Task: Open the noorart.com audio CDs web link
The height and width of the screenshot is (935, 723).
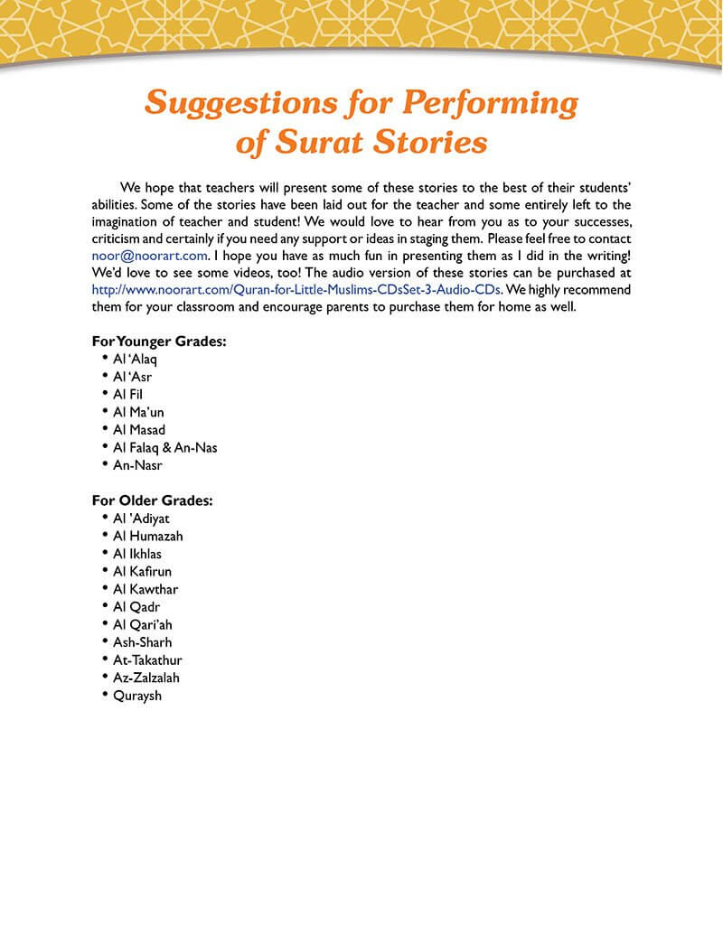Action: coord(296,290)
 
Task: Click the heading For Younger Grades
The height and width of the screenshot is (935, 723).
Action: coord(159,341)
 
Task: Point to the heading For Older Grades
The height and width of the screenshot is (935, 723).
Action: coord(152,500)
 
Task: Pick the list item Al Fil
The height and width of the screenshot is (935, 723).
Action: coord(128,394)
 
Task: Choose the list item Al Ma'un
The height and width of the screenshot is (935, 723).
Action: coord(139,412)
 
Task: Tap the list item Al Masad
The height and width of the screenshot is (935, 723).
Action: coord(139,429)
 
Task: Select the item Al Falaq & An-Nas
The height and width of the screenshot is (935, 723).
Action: coord(165,447)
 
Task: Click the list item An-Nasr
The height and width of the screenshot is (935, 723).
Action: coord(137,465)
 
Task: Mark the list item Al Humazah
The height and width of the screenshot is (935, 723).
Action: coord(148,536)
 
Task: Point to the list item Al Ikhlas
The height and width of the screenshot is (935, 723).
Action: coord(137,554)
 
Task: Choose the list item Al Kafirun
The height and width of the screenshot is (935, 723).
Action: coord(142,571)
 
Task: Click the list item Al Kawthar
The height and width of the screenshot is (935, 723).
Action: coord(146,589)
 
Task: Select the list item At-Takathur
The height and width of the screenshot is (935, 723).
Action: coord(148,659)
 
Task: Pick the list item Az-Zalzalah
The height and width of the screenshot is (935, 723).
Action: coord(146,678)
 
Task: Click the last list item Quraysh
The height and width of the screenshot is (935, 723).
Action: coord(137,696)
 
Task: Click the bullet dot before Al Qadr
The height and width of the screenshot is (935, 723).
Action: coord(106,605)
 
